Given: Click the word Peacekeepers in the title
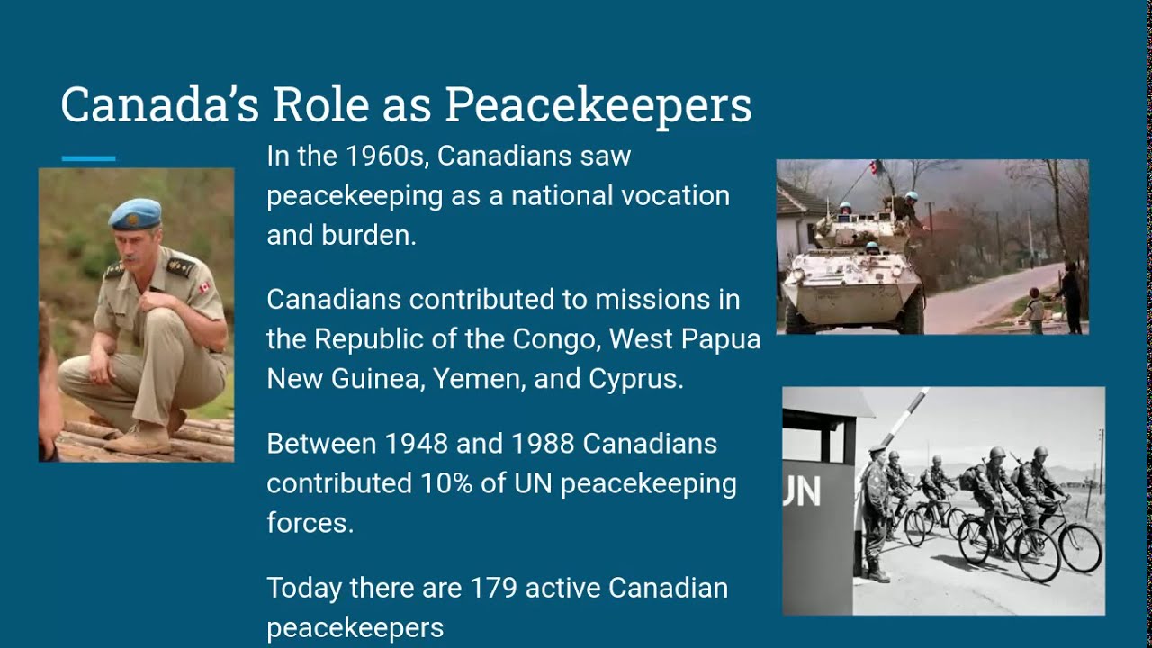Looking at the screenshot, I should coord(598,105).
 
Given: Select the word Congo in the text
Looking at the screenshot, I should coord(555,339).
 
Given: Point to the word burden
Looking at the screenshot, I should coord(367,235).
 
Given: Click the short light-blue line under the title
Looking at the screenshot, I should coord(88,158).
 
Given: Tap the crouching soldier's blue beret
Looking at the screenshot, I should coord(135,213).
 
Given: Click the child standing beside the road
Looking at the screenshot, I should coord(1037,311).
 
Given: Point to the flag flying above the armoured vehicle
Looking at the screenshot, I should coord(874,168).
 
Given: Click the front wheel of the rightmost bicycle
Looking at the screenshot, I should coord(1079,548).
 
